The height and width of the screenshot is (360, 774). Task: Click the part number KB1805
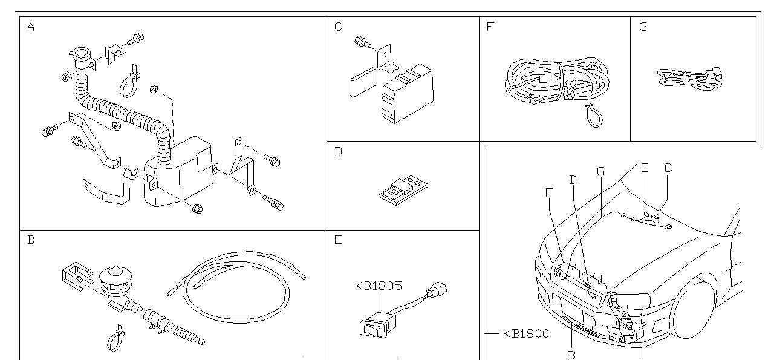pyautogui.click(x=378, y=286)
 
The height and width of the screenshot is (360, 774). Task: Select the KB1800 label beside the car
pyautogui.click(x=525, y=333)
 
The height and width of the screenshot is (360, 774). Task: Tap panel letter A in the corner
pyautogui.click(x=31, y=27)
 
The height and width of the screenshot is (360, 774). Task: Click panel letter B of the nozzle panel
pyautogui.click(x=31, y=240)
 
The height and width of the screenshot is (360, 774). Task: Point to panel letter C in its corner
pyautogui.click(x=338, y=27)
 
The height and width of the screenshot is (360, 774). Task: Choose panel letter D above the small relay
pyautogui.click(x=338, y=152)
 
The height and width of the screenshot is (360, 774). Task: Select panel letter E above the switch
pyautogui.click(x=338, y=240)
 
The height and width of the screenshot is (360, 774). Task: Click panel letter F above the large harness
pyautogui.click(x=490, y=27)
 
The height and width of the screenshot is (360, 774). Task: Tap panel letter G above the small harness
pyautogui.click(x=643, y=27)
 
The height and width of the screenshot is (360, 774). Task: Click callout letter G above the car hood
pyautogui.click(x=600, y=171)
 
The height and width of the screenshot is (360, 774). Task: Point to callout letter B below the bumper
pyautogui.click(x=571, y=355)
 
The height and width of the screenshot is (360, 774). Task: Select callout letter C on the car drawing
pyautogui.click(x=668, y=168)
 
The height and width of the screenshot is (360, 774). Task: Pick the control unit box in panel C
pyautogui.click(x=406, y=94)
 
